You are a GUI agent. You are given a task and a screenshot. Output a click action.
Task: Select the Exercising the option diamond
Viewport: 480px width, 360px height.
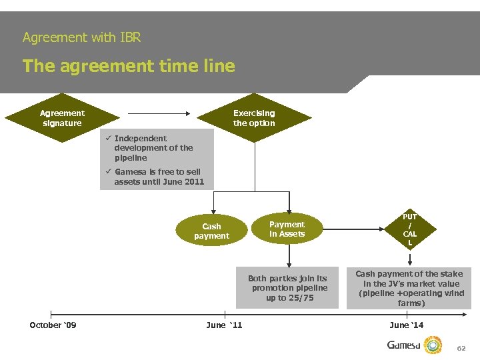click(254, 118)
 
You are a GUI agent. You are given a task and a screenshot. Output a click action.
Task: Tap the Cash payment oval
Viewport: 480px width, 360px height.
click(211, 231)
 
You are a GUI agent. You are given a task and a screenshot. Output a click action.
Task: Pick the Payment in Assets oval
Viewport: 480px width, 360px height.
click(287, 229)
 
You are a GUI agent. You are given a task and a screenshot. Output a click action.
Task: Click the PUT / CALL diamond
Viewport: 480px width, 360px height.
click(409, 230)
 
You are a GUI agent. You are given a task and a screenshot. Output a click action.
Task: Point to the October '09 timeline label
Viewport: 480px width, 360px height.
click(53, 325)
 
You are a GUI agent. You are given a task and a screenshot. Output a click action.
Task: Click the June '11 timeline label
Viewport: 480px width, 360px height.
click(225, 325)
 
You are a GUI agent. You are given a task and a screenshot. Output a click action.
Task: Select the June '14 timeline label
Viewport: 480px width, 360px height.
click(407, 325)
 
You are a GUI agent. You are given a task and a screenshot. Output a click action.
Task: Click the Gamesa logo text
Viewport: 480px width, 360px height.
click(405, 345)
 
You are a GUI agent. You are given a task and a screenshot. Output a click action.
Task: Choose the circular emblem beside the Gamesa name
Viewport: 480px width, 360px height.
click(434, 345)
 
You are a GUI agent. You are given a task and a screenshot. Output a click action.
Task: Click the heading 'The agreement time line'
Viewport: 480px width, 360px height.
click(129, 66)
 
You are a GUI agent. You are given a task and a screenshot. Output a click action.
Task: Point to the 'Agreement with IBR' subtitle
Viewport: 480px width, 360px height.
click(81, 37)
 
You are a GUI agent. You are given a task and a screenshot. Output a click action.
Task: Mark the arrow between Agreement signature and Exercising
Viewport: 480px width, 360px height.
click(160, 113)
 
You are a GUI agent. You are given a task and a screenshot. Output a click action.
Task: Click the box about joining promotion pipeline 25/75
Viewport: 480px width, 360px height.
click(287, 288)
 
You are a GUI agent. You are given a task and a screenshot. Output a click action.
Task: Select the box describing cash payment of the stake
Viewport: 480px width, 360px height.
click(409, 288)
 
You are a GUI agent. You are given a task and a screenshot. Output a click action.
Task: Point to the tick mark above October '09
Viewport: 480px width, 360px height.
click(51, 313)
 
